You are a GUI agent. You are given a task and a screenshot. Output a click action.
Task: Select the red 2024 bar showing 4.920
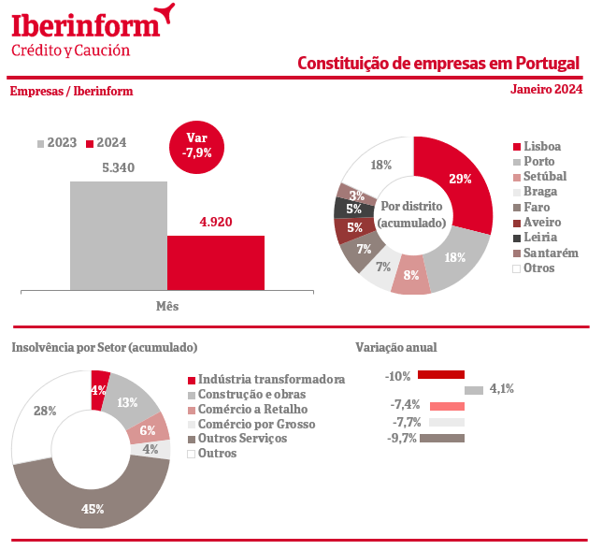[x=216, y=262]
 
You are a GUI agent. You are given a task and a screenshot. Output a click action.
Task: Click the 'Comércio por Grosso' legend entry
[x=257, y=424]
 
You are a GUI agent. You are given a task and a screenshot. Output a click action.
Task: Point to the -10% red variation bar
[x=441, y=375]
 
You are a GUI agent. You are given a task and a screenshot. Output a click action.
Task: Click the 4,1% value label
[x=502, y=389]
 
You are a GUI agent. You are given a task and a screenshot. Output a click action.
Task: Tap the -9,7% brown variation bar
[x=443, y=438]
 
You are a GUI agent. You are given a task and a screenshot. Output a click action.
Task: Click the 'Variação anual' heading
[x=396, y=347]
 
